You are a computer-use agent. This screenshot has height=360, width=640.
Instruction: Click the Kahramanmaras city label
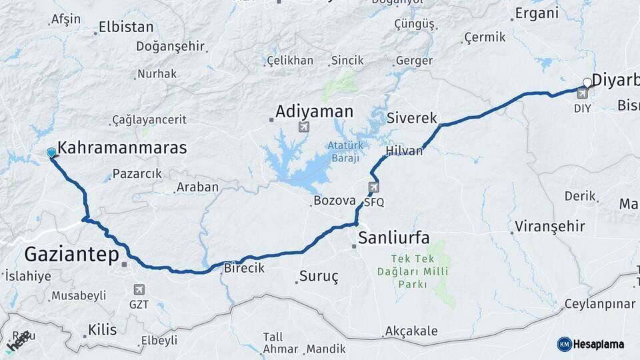(x=122, y=148)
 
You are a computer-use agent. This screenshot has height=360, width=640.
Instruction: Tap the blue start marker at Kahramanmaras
(x=51, y=153)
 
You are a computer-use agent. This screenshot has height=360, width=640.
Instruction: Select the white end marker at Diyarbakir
(x=587, y=83)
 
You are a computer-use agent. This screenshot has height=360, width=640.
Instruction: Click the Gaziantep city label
(x=72, y=255)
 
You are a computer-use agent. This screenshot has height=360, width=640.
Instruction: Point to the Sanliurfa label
(x=393, y=238)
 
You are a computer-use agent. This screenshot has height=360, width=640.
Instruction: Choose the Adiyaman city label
(x=314, y=111)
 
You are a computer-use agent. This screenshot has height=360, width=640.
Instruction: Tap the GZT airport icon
(x=139, y=289)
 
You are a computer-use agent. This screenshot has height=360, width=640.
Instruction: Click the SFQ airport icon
(x=373, y=188)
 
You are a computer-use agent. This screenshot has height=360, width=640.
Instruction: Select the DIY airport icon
(x=582, y=94)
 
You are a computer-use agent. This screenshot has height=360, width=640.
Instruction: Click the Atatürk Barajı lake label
(x=343, y=151)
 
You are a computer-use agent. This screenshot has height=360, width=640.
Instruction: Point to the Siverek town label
(x=411, y=118)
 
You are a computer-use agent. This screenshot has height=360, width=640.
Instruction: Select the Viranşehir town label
(x=551, y=227)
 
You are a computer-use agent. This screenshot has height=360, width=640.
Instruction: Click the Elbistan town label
(x=126, y=28)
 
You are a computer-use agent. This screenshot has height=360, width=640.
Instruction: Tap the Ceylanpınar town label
(x=599, y=304)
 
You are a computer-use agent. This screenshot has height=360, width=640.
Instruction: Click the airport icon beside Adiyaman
(x=305, y=127)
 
